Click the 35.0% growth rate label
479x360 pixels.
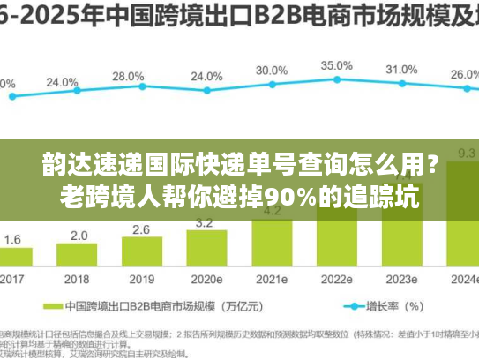(336, 65)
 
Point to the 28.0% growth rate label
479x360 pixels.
(129, 77)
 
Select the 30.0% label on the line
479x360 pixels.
(271, 70)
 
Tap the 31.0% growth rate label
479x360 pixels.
(401, 69)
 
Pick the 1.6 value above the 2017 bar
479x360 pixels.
(13, 239)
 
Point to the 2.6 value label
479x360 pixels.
(141, 229)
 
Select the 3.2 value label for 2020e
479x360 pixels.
(204, 223)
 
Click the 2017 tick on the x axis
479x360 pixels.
(12, 279)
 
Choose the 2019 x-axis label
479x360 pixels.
(141, 279)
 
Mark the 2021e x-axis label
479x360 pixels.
(271, 279)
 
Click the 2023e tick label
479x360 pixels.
(401, 279)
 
